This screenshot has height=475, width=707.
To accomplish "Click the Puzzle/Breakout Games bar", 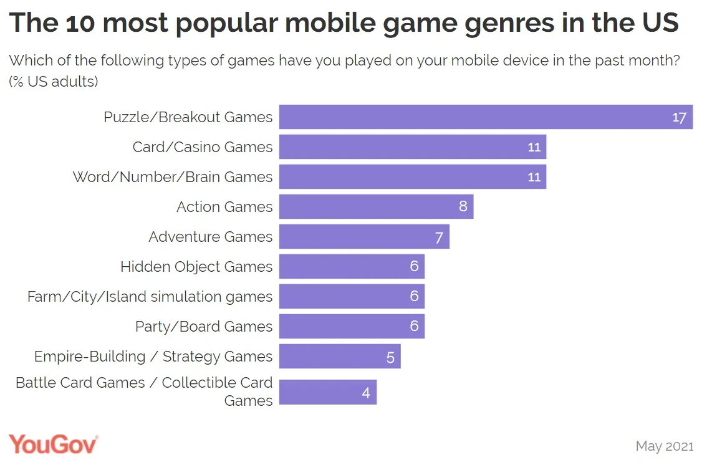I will tap(485, 117).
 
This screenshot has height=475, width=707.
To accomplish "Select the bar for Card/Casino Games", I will tap(412, 147).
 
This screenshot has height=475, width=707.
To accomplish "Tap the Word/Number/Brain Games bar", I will tap(412, 177).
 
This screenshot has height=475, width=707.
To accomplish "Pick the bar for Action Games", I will tap(376, 207).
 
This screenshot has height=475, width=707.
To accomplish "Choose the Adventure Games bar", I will tap(364, 237).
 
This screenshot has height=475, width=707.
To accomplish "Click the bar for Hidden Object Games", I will tap(352, 267).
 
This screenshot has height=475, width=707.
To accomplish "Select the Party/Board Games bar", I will tap(352, 327).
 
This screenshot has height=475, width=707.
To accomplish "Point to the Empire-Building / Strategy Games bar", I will tap(340, 357).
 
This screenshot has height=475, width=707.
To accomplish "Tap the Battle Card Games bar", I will tap(327, 393).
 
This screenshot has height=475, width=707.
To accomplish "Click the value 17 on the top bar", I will tap(679, 117).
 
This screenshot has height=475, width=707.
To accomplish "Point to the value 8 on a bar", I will tap(463, 206).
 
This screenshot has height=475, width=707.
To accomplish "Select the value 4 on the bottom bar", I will tap(366, 393).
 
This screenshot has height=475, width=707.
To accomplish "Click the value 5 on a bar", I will tap(390, 357).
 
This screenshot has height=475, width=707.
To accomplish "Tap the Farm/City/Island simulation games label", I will tap(150, 297).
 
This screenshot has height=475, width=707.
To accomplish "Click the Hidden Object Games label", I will tap(196, 267).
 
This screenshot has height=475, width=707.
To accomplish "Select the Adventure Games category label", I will tap(210, 237).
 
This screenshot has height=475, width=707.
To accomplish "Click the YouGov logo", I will tap(53, 444).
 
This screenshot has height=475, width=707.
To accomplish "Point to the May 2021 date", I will tap(664, 446).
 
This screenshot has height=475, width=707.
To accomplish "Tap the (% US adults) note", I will tap(54, 82).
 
